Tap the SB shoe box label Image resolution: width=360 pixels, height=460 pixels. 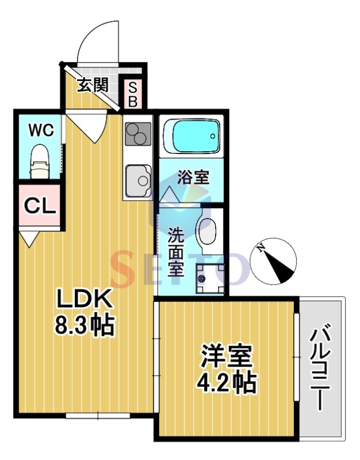(132, 94)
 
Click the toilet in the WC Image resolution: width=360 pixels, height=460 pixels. (39, 162)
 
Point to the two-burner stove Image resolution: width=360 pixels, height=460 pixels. (137, 136)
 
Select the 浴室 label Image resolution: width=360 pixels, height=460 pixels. (193, 177)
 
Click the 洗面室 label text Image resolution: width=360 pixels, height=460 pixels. (176, 252)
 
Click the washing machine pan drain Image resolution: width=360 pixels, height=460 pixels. (202, 279)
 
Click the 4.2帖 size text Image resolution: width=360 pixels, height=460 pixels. (228, 383)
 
